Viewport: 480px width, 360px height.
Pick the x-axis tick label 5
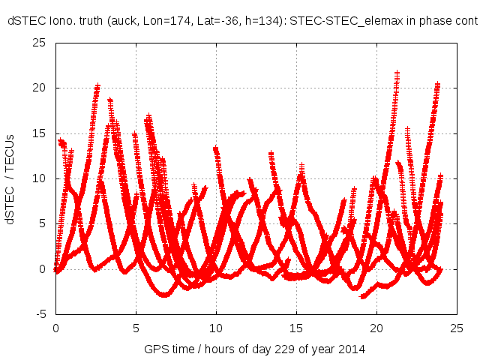(x=136, y=328)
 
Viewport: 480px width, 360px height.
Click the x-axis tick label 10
(x=216, y=328)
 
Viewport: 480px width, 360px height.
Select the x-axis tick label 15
(x=296, y=328)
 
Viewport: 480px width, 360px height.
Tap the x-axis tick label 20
(x=376, y=328)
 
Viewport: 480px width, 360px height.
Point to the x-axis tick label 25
(x=457, y=328)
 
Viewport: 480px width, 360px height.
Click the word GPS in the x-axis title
(x=154, y=349)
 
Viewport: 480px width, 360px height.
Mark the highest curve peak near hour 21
(x=397, y=73)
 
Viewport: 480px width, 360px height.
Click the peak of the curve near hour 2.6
(x=97, y=86)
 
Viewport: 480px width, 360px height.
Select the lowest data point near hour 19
(x=362, y=297)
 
